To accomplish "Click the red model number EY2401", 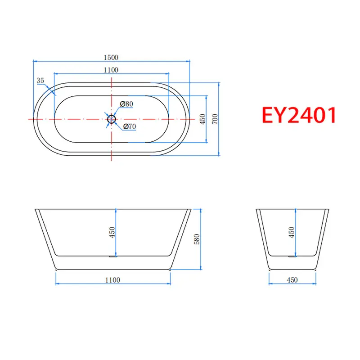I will point(299,115).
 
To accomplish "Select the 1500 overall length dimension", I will point(111,57).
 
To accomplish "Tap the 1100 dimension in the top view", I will point(111,70).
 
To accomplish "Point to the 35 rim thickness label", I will point(40,81).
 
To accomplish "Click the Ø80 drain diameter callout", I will point(127,104).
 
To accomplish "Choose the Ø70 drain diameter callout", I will point(129,126).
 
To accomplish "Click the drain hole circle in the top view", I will point(111,119).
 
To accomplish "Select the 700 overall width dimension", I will point(215,119).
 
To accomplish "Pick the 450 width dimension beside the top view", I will point(202,119).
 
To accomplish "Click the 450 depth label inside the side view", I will point(112,232).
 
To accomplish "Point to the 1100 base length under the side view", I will point(112,280).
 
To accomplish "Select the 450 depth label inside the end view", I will point(292,232).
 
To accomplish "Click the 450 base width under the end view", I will point(292,280).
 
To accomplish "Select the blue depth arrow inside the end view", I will point(295,232).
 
